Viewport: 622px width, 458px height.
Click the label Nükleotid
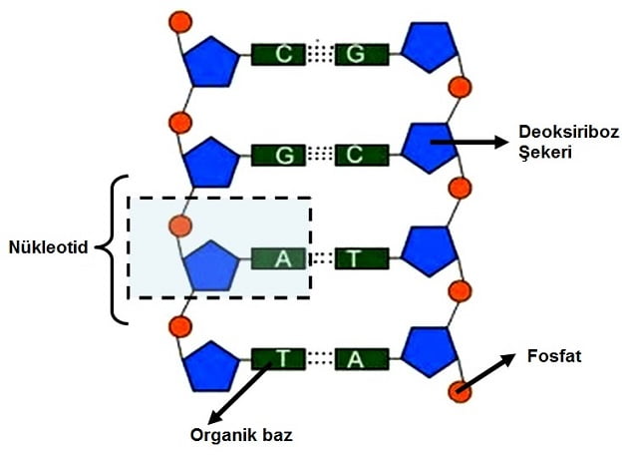50,245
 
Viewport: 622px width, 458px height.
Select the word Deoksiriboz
557,133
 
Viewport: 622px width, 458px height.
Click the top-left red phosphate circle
180,21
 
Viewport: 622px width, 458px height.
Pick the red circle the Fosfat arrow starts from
460,390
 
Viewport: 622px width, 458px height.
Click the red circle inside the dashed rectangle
180,224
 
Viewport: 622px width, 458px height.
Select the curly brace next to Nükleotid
118,249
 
